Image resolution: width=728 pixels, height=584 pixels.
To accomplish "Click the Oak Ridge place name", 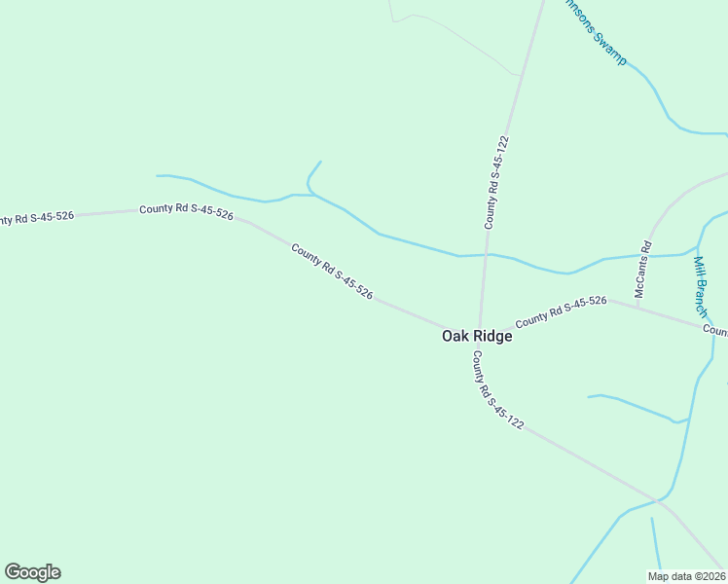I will coord(477,336).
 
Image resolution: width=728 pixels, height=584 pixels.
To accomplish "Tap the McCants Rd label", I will coord(642,269).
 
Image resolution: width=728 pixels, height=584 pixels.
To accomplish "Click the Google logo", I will coord(32,572).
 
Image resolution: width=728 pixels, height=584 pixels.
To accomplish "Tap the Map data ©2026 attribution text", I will coord(686,576).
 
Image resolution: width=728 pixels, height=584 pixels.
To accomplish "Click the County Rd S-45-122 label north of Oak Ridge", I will coord(497,182).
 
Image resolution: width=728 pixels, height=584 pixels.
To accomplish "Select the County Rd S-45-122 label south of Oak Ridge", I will coord(497,390).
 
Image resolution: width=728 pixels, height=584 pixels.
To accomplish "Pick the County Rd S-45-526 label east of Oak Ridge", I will coord(562,311).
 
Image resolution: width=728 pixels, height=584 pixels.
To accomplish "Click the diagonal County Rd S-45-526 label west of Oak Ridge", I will coord(332,271).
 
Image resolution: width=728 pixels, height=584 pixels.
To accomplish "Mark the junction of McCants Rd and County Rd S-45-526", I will coord(637,307).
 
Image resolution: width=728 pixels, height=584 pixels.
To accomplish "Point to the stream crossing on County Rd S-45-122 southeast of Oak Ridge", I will coord(659,502).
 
